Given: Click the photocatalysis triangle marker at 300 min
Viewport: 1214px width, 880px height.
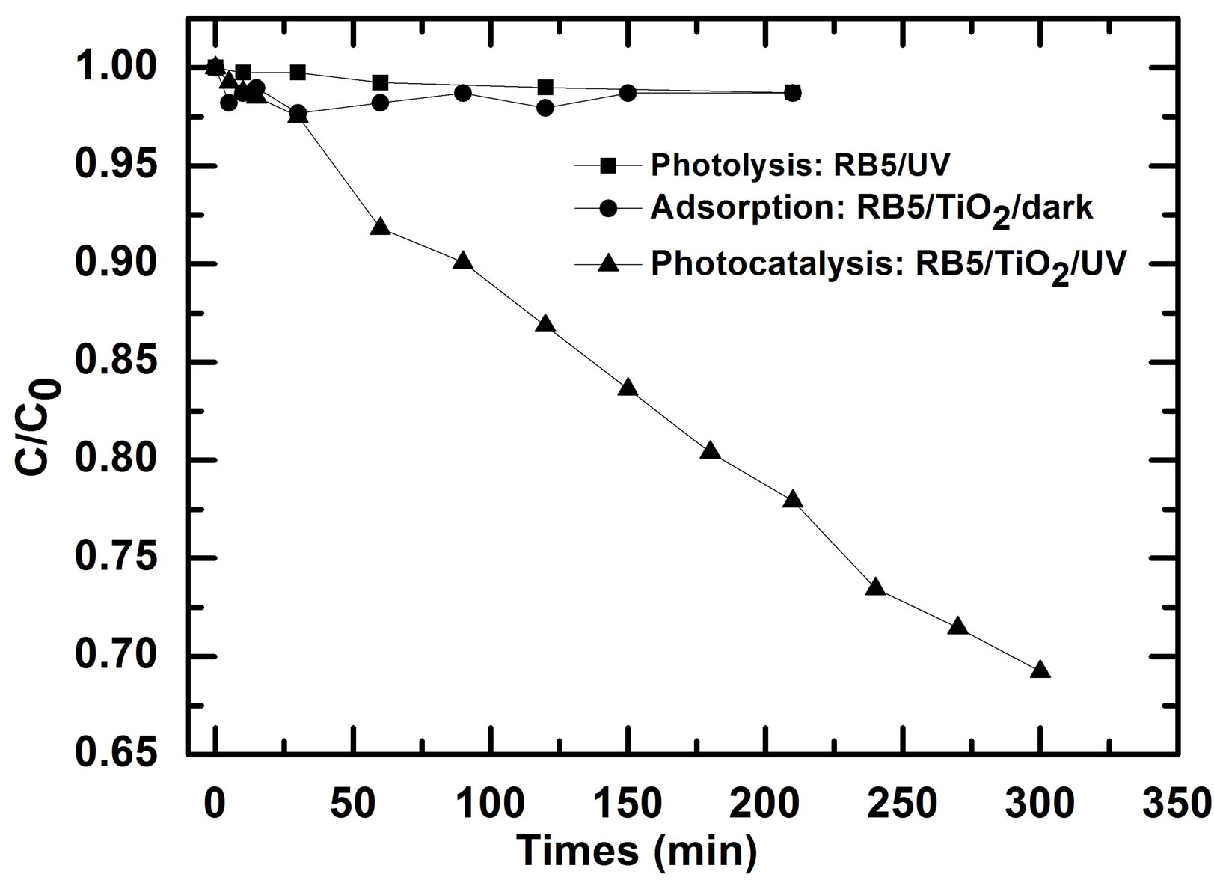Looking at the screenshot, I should (x=1040, y=670).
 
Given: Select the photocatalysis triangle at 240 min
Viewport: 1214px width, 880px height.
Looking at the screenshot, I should (x=875, y=587).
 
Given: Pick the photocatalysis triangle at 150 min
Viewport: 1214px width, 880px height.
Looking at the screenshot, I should (x=628, y=388).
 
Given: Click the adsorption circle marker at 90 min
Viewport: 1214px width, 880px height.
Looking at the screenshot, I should (x=463, y=94).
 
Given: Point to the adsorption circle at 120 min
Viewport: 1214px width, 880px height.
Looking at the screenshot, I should (x=545, y=108).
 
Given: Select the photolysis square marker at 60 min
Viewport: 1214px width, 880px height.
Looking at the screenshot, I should (x=380, y=82).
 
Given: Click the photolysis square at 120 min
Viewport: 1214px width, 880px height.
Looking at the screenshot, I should (x=545, y=88).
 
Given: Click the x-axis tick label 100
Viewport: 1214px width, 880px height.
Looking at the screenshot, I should (x=491, y=805).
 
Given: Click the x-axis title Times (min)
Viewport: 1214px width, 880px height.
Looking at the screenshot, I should (x=637, y=852).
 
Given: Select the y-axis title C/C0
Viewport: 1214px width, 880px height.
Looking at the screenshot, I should (x=36, y=427).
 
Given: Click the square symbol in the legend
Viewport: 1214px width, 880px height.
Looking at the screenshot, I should (x=608, y=165).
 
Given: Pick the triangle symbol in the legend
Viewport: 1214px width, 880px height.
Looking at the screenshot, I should (x=608, y=263).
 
